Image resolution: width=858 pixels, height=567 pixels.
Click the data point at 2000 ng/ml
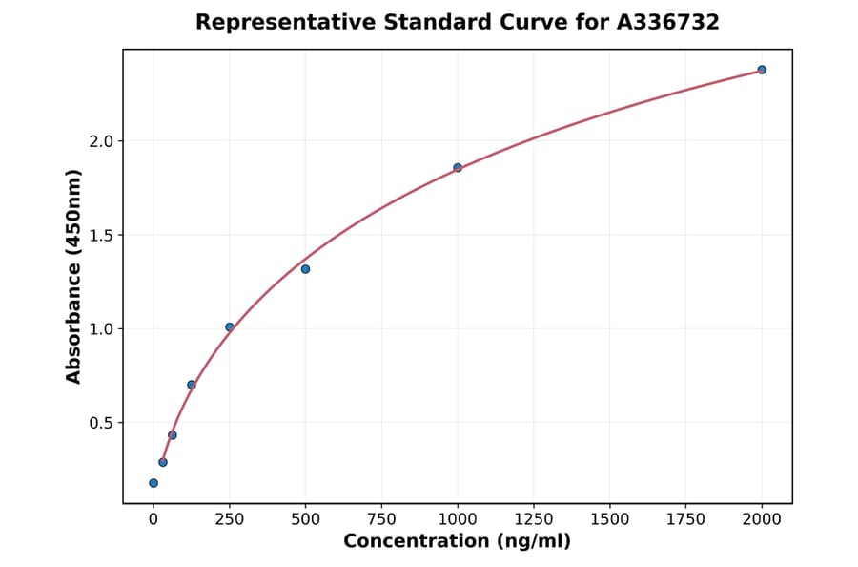762,70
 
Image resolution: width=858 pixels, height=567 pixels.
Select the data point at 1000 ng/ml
458,168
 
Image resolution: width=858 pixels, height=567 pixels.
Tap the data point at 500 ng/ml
305,269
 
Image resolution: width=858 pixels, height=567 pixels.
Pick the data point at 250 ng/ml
230,327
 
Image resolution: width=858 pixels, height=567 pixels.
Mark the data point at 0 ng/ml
153,483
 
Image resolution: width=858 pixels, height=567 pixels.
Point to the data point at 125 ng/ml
192,385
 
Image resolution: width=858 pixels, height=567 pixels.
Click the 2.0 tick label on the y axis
101,141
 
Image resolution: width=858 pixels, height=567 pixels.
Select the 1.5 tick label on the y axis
101,235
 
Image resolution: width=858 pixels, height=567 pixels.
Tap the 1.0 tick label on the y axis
101,329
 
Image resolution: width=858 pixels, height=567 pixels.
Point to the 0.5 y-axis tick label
101,423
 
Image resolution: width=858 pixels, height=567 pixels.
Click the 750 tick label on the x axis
381,519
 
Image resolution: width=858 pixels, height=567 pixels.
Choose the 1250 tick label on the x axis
534,519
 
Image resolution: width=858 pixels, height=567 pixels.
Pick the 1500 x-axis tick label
610,519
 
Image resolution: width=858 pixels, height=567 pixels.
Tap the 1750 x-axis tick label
685,519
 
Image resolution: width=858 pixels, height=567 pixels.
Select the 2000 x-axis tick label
762,519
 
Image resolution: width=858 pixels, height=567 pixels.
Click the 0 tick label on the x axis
153,519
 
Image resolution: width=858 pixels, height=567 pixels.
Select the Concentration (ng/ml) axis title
457,542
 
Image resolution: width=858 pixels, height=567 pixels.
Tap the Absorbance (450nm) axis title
74,276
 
